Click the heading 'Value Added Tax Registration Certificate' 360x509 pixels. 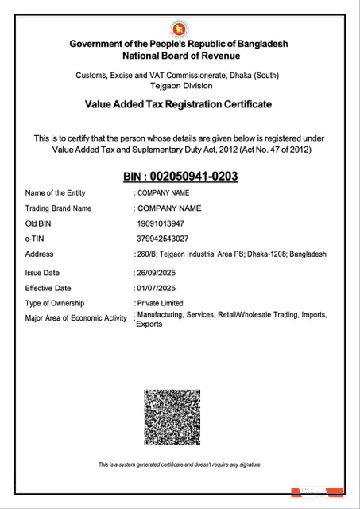[x=178, y=104]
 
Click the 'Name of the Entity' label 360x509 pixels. [x=55, y=193]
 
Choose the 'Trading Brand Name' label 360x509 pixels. [x=59, y=208]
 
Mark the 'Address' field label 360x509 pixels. [x=40, y=254]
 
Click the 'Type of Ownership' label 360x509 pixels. [x=55, y=303]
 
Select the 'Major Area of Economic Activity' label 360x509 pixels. [x=76, y=318]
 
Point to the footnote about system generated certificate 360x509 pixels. [x=179, y=464]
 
